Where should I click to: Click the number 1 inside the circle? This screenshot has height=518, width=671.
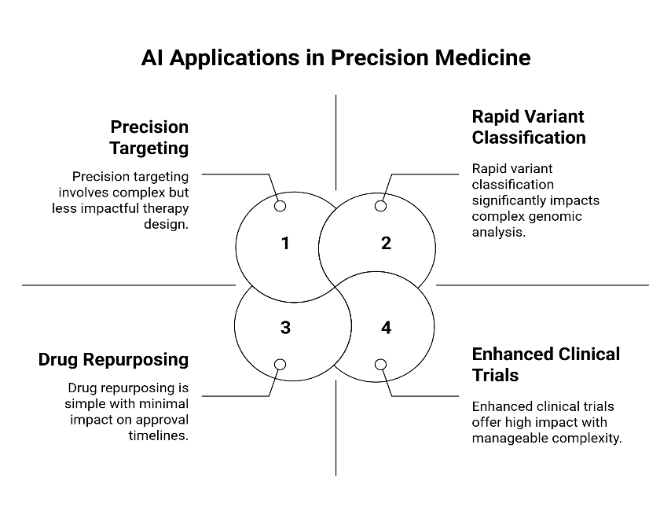pos(285,244)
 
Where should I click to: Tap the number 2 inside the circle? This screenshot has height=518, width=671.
pos(386,244)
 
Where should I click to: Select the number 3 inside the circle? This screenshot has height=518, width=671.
pos(285,328)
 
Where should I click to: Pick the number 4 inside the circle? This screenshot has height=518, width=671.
pos(386,328)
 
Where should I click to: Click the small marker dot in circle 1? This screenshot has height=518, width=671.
pos(280,206)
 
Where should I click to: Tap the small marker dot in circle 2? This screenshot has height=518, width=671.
pos(381,206)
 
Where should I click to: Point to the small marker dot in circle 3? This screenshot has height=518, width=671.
pos(280,365)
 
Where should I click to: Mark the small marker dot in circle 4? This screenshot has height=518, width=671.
pos(381,365)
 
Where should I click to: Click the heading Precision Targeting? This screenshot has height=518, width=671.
pos(149,137)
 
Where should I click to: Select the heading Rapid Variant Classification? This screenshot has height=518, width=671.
pos(528,127)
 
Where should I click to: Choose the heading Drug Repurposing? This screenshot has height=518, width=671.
pos(113,360)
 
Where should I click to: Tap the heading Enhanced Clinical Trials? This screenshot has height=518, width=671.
pos(545,365)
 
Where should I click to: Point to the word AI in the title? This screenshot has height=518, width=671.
pos(152,58)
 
